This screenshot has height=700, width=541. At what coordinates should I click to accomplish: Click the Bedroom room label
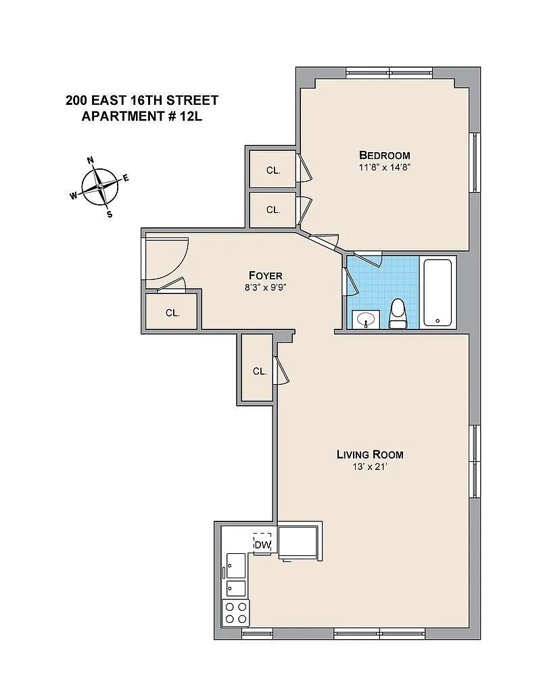(x=384, y=156)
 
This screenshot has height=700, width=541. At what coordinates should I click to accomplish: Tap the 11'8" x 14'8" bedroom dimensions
(x=384, y=168)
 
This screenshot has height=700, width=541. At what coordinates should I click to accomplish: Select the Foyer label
(x=266, y=276)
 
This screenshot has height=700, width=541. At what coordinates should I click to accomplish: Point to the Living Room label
(x=370, y=454)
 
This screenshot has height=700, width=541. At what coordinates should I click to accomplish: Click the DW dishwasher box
(x=262, y=544)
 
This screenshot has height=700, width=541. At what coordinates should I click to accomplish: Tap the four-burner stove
(x=236, y=613)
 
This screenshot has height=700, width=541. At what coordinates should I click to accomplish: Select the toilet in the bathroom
(x=397, y=314)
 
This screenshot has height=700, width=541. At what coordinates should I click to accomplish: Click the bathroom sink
(x=367, y=320)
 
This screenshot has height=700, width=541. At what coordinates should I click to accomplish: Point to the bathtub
(x=438, y=292)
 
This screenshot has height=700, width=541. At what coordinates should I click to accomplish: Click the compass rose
(x=100, y=187)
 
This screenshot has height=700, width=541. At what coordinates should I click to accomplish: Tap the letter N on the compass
(x=90, y=160)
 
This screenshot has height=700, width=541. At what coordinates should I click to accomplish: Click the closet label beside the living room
(x=260, y=371)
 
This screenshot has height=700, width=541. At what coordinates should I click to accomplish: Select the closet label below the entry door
(x=172, y=313)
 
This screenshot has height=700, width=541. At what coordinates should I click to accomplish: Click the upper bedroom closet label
(x=274, y=170)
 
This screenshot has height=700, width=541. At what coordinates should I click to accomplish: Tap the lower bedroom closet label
(x=274, y=210)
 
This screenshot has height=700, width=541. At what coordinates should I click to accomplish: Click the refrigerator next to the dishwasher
(x=298, y=542)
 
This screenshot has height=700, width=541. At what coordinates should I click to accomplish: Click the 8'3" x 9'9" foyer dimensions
(x=265, y=288)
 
